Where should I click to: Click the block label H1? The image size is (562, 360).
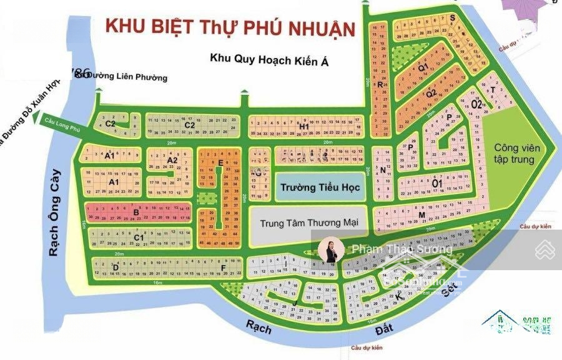pyautogui.click(x=304, y=127)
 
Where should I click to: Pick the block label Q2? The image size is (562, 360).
pyautogui.click(x=431, y=94)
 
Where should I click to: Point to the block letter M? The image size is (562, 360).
pyautogui.click(x=421, y=215)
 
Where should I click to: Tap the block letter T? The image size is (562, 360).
pyautogui.click(x=493, y=90)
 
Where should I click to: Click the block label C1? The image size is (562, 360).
pyautogui.click(x=139, y=237)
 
